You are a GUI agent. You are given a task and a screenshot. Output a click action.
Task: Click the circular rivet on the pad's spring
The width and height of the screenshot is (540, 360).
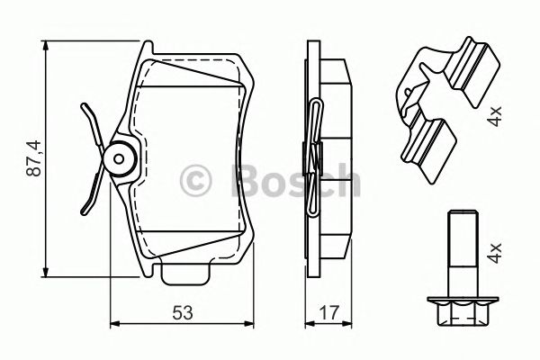pyautogui.click(x=118, y=158)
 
